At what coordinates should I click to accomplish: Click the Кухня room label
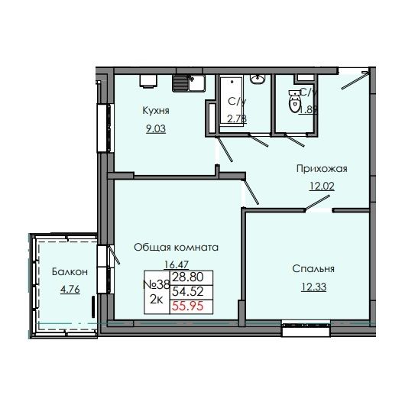[155, 111]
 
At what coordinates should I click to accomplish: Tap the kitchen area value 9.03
[155, 128]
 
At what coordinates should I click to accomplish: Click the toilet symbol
[293, 100]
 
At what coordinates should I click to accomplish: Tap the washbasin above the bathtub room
[258, 79]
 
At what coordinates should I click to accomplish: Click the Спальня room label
[313, 268]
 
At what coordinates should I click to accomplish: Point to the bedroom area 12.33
[313, 286]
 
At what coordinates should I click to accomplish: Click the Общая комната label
[176, 248]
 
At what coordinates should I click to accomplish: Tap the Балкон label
[69, 272]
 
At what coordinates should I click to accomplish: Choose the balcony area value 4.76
[69, 289]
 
